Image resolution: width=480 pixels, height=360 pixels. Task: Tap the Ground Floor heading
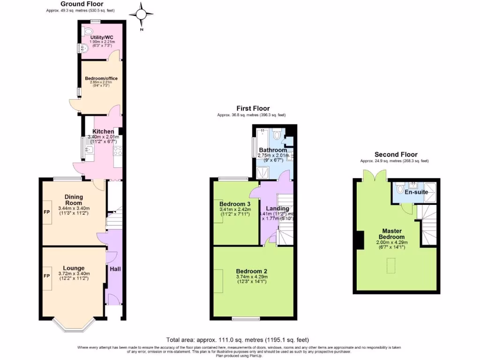click(82, 4)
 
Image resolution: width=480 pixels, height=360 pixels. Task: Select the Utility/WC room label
click(102, 37)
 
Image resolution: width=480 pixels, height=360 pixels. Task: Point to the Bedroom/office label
click(101, 78)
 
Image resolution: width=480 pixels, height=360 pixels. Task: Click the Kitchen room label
click(103, 131)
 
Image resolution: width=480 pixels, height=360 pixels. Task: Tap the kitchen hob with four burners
click(118, 150)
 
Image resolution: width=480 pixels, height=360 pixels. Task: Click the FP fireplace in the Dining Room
click(47, 211)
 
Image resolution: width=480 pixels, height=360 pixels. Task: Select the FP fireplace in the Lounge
click(47, 276)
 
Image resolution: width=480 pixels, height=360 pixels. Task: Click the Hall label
click(115, 269)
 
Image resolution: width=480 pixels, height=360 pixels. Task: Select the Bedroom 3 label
click(235, 204)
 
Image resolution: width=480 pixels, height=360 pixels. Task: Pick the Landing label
click(277, 208)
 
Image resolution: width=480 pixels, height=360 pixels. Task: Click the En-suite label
click(414, 192)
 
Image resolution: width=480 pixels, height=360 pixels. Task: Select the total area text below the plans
click(238, 340)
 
